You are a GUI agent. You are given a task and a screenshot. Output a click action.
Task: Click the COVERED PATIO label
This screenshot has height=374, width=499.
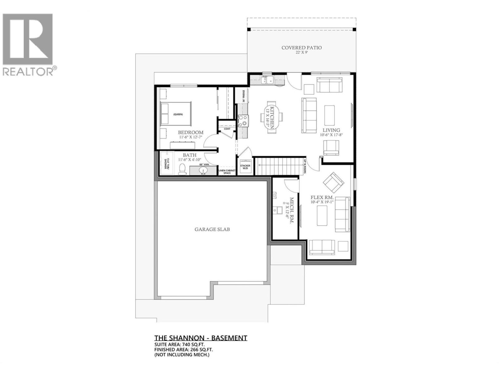point(301,48)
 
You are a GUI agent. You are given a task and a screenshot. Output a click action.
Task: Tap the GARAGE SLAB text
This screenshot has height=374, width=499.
point(212,229)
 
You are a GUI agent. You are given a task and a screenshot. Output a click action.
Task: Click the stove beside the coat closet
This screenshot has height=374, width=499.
point(243,121)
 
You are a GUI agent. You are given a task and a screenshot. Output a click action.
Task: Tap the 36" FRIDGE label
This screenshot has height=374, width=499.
point(244,96)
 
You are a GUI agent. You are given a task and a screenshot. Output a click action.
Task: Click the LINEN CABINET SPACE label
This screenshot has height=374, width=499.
point(227,171)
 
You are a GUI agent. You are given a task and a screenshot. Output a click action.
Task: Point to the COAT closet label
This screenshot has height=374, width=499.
point(227,129)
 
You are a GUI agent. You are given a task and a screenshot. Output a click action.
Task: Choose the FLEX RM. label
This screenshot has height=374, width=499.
point(322,198)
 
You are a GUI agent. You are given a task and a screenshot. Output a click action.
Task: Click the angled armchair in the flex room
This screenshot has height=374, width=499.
point(333,182)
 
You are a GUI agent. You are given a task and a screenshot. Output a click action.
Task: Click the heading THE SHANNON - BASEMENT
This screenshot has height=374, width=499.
point(201,338)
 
